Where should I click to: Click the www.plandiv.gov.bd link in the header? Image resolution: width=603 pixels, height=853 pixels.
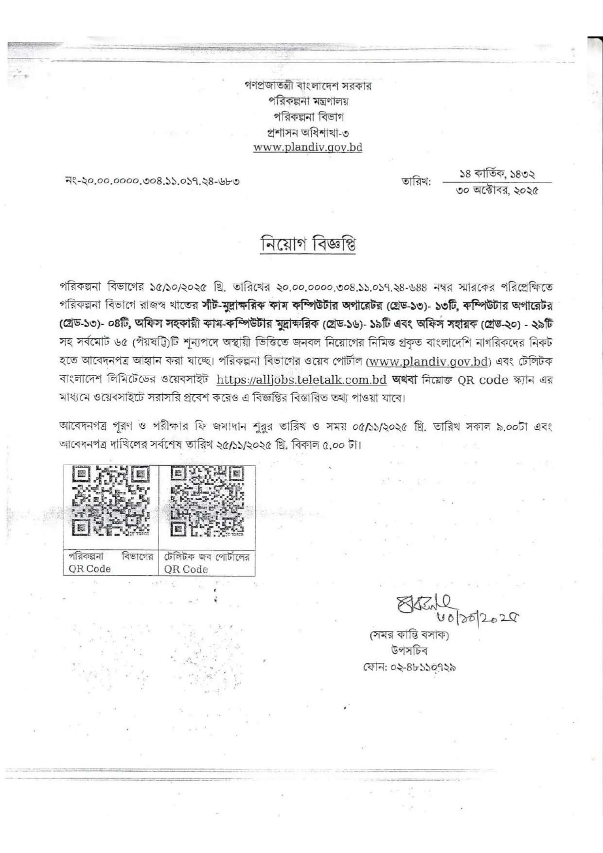pyautogui.click(x=307, y=147)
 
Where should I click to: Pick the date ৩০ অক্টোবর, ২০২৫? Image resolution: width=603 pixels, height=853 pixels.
pyautogui.click(x=497, y=191)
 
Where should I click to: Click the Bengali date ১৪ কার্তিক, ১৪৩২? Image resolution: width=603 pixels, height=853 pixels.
pyautogui.click(x=497, y=174)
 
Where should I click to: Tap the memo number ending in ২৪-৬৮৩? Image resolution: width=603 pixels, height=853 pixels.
pyautogui.click(x=152, y=182)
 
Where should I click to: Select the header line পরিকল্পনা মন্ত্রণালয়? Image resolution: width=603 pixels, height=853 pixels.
pyautogui.click(x=308, y=102)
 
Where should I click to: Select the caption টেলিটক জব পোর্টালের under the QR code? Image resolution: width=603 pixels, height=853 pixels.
pyautogui.click(x=207, y=557)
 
